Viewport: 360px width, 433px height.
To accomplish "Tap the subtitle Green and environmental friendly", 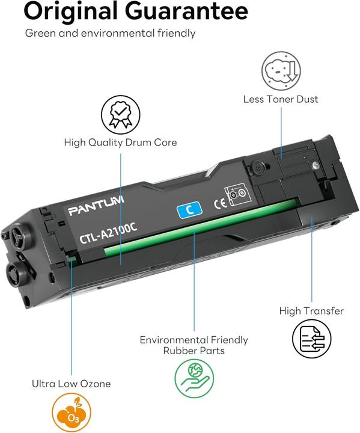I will [110, 33].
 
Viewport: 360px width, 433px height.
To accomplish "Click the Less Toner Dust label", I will [281, 99].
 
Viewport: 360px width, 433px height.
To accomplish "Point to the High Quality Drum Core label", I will [120, 143].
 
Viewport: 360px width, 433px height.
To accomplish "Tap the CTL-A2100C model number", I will [108, 233].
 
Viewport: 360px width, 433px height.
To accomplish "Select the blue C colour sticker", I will [189, 209].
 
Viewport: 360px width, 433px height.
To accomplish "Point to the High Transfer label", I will [311, 311].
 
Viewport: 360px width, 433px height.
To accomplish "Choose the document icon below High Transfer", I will [311, 339].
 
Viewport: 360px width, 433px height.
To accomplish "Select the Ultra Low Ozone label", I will [71, 384].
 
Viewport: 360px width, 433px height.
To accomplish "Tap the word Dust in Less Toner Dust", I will [307, 99].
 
